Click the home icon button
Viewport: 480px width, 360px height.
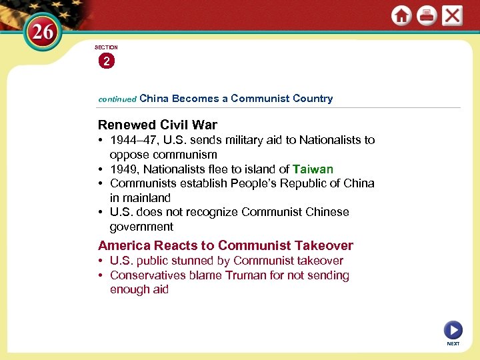(401, 15)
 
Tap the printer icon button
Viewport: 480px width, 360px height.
(427, 15)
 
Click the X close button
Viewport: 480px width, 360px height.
(452, 15)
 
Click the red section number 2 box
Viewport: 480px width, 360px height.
(106, 61)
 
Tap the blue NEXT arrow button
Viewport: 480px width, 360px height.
(453, 329)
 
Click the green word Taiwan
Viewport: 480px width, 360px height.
(313, 169)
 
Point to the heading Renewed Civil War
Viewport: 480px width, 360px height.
(157, 125)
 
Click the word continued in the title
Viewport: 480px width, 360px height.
(117, 99)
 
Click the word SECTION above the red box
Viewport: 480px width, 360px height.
(106, 47)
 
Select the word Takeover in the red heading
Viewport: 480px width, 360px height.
(325, 245)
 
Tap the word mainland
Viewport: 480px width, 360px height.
(146, 198)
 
